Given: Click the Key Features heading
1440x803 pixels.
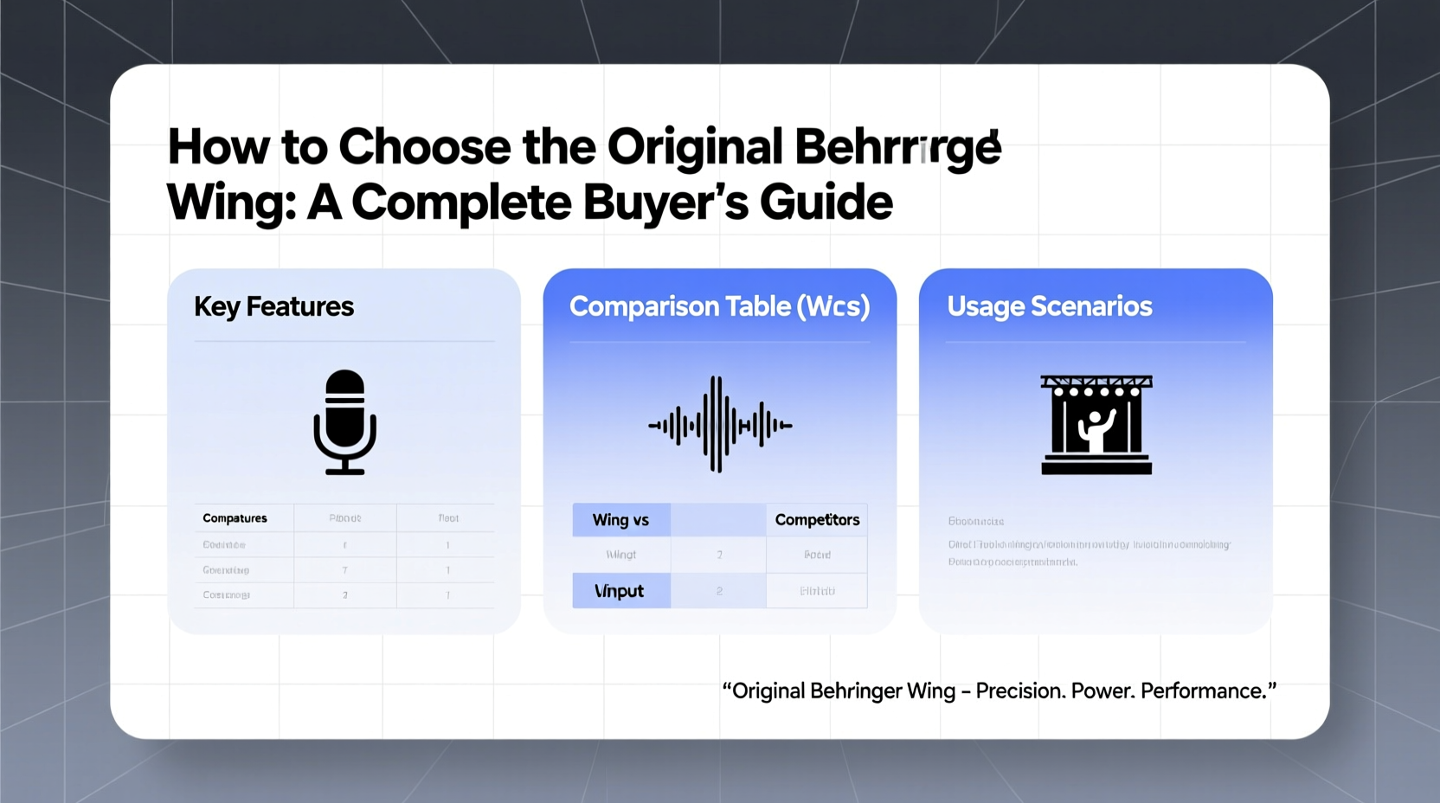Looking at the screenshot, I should (273, 306).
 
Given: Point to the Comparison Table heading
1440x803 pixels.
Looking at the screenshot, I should (719, 306).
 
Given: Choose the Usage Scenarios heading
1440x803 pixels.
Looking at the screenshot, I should (1049, 306).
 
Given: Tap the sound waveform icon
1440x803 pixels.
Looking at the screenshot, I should (719, 424).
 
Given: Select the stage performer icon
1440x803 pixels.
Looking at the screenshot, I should (1096, 424).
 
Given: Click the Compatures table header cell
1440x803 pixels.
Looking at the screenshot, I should (235, 518).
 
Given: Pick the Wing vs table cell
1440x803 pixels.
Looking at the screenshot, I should (620, 520).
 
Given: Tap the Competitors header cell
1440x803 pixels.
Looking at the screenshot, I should (817, 520).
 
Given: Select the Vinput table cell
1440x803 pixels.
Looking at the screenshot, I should (620, 591).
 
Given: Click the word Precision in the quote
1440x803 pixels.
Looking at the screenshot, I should (1019, 691).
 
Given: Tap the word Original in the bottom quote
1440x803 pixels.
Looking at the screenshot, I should (768, 691).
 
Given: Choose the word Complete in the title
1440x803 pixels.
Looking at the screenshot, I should (461, 202).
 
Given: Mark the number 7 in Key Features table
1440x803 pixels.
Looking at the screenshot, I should (344, 570).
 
